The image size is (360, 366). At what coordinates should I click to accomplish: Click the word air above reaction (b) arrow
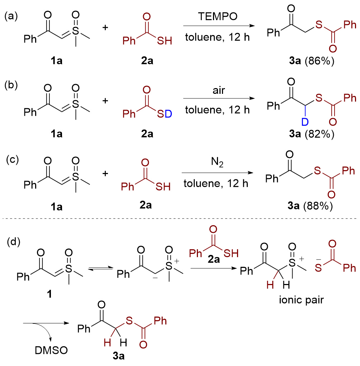219,90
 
